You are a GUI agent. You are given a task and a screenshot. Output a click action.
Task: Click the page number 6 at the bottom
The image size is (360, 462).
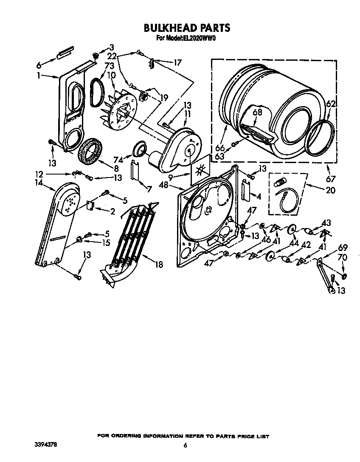coord(185,445)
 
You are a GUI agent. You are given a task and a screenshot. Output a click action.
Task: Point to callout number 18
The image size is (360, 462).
coord(159,265)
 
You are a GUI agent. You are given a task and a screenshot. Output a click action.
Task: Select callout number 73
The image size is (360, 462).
coord(98,66)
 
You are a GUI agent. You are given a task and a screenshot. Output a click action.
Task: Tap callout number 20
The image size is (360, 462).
coord(330,190)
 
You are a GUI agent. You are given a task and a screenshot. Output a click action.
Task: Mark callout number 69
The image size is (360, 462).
coord(343,248)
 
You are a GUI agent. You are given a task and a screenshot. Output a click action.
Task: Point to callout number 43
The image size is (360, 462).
coord(326,223)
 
